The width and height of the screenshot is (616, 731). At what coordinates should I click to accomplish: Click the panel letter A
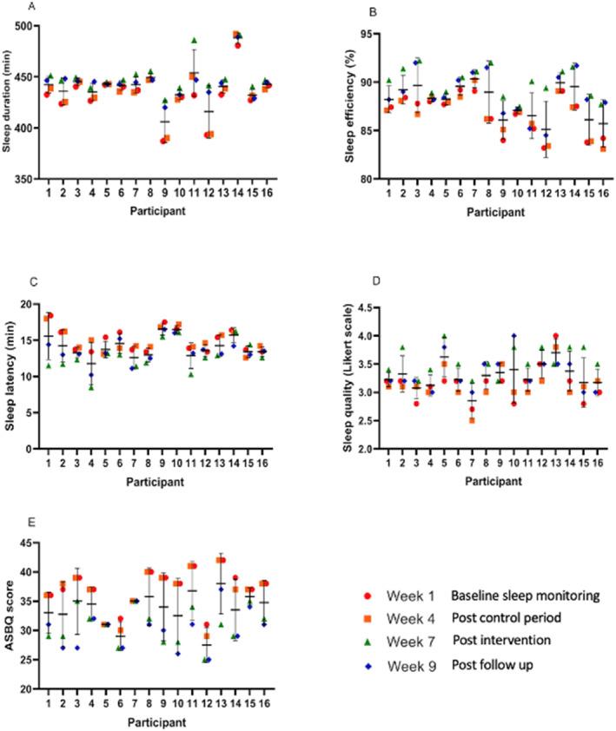pos(32,7)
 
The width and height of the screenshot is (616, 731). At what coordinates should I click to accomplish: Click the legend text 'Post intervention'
pos(495,640)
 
